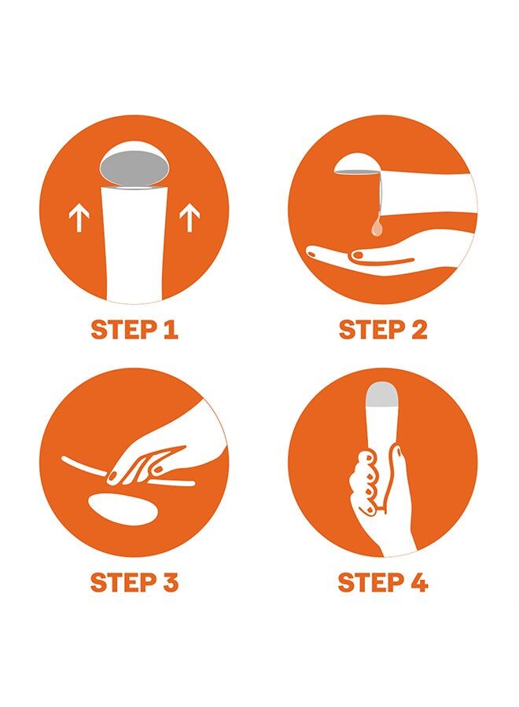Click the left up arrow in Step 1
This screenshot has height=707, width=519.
point(79,218)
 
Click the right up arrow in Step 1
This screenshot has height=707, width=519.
point(190,218)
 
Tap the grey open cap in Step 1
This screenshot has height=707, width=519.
point(134,167)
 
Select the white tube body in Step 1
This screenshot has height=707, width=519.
point(134,244)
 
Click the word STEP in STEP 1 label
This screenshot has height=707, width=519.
point(121,330)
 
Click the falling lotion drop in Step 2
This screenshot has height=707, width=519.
point(377,227)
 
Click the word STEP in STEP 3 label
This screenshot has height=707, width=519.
point(121,582)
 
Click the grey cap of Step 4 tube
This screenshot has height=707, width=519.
point(382,394)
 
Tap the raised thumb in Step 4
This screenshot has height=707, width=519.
point(399,478)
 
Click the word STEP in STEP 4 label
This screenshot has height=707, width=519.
point(369,582)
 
